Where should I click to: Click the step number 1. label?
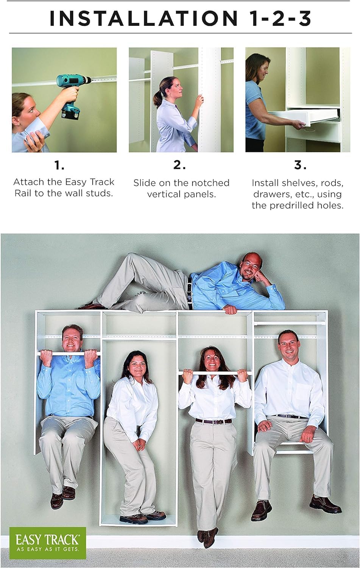tap(59, 165)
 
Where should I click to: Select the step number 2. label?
tap(179, 165)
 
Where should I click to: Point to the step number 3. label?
tap(300, 165)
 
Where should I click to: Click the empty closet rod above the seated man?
tap(289, 323)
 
